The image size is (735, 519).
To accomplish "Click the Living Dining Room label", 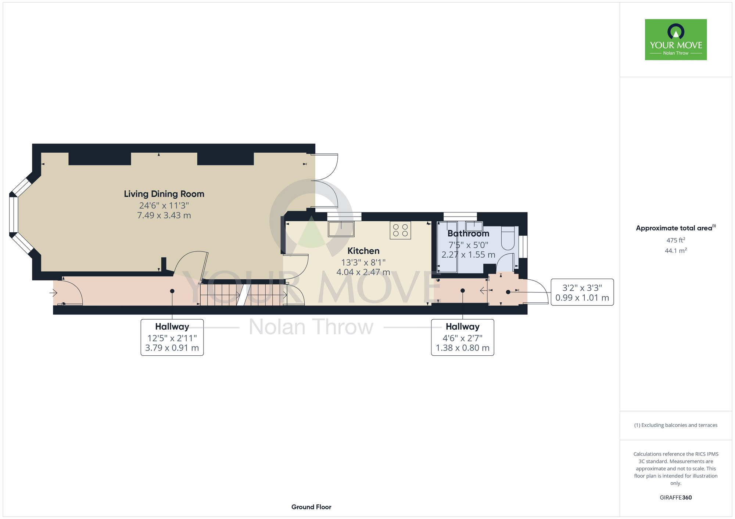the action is point(164,194).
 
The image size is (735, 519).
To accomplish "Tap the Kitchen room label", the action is point(363,251).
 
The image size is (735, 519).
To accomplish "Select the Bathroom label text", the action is point(468,233).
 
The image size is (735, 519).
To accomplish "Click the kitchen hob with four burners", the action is point(400,230).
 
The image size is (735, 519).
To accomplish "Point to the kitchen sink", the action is point(341,229).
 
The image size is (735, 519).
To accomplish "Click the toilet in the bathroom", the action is point(508,238).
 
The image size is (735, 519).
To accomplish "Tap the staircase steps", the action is point(243,294).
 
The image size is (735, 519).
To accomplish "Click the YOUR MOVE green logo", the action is point(676,40).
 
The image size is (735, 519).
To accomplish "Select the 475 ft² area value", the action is point(676,240).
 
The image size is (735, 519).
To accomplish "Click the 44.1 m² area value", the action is point(676,251).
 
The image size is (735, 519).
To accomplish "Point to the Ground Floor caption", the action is point(311,507).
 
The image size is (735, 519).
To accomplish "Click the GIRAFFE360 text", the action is point(676,498).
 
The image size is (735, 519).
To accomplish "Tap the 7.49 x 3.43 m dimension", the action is point(164,215).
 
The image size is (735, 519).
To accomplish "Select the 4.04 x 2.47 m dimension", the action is point(363,272).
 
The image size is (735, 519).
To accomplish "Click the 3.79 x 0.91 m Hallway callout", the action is point(172,337).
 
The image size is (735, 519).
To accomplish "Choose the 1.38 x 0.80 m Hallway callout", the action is point(463,337).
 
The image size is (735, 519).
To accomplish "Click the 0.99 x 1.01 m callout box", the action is point(582,292).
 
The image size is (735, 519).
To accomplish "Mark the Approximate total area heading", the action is point(676,228).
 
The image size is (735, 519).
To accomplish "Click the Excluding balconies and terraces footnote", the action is point(676,425).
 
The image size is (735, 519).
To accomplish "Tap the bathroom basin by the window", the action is point(474,226).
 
